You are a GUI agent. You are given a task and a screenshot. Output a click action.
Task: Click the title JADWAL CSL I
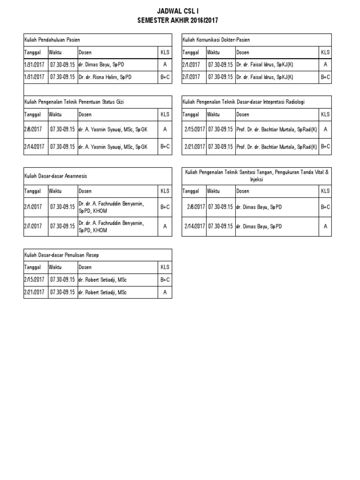178,12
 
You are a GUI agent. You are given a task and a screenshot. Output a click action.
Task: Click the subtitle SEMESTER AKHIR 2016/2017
178,20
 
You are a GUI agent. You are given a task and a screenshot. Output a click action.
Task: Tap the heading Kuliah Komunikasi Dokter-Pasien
216,40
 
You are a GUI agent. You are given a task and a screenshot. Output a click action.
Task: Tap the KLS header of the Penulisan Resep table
165,267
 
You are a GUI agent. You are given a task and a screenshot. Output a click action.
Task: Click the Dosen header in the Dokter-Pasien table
243,52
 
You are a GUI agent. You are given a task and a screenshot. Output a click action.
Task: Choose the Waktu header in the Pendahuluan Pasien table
55,52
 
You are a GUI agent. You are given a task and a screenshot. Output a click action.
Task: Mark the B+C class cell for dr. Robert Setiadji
165,280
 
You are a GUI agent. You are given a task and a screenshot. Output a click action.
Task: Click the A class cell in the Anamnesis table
165,226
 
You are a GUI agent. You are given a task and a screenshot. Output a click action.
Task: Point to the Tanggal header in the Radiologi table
191,114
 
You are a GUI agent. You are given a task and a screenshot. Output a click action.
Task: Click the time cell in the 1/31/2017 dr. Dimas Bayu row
62,65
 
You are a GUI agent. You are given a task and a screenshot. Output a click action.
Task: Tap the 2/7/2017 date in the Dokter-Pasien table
191,77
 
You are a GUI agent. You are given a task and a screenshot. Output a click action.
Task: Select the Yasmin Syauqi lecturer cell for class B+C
113,147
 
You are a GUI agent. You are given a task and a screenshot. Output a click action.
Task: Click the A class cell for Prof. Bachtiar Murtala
325,129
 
